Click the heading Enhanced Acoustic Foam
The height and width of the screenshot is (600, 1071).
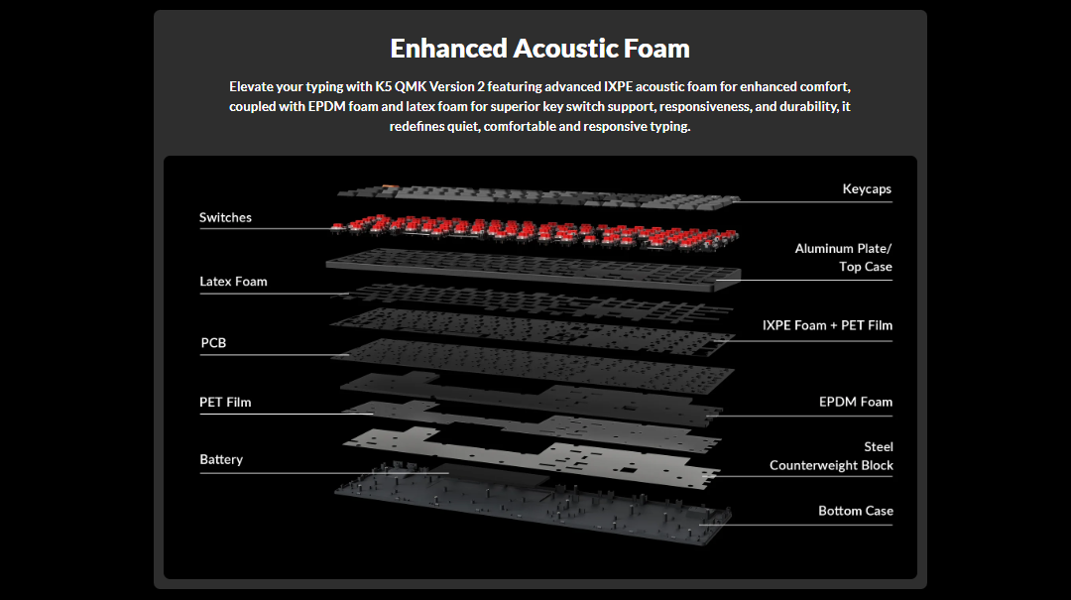click(x=539, y=48)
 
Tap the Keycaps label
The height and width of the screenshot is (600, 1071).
click(x=867, y=188)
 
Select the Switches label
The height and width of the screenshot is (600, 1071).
click(x=225, y=217)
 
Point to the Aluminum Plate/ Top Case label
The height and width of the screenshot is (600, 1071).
click(x=843, y=258)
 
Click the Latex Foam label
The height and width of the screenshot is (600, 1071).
click(x=233, y=282)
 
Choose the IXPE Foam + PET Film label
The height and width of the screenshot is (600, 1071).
click(x=827, y=325)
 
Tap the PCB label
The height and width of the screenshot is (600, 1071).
click(x=213, y=343)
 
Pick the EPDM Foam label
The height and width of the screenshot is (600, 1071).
click(x=855, y=402)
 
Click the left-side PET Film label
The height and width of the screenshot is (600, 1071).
click(x=225, y=402)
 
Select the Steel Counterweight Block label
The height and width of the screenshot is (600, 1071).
click(x=831, y=456)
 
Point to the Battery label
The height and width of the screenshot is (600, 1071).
click(x=221, y=459)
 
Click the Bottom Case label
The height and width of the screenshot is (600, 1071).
click(x=855, y=511)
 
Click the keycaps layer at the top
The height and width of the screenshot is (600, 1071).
click(x=535, y=195)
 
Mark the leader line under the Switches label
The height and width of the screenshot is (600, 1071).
click(x=263, y=229)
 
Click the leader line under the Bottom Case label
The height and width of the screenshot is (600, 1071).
click(x=803, y=525)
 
